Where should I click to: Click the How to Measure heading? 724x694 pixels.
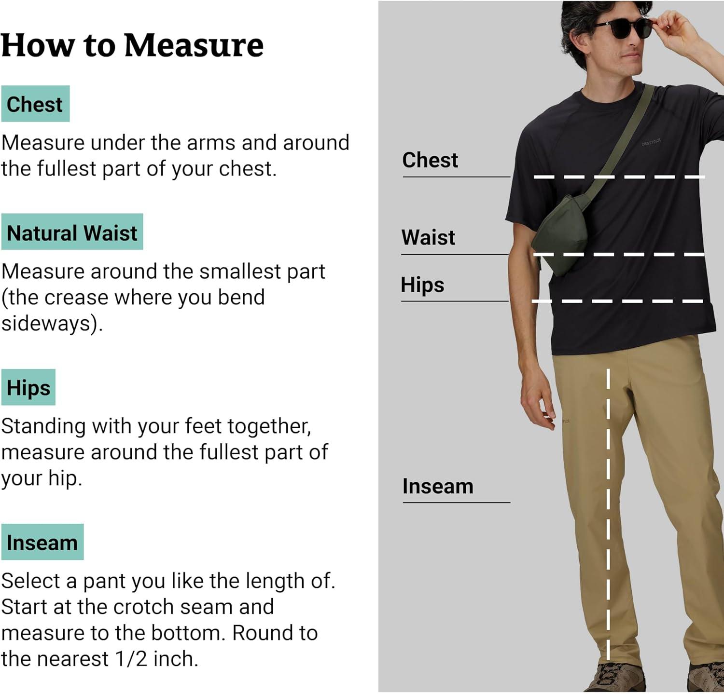(132, 45)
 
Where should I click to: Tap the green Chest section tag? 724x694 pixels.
(35, 104)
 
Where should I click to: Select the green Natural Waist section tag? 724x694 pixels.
(72, 231)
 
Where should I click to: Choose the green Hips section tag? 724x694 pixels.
(28, 387)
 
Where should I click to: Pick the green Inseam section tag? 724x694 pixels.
(42, 542)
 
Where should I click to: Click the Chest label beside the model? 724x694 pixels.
(430, 160)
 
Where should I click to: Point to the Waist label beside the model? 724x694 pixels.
(428, 237)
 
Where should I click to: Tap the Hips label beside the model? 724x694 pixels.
(422, 285)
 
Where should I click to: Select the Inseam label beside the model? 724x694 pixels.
(438, 486)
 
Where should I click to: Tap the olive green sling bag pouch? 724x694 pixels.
(562, 234)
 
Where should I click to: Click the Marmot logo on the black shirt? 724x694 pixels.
(651, 142)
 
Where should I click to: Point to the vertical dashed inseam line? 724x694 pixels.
(608, 514)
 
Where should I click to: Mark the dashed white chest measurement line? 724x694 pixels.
(619, 177)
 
